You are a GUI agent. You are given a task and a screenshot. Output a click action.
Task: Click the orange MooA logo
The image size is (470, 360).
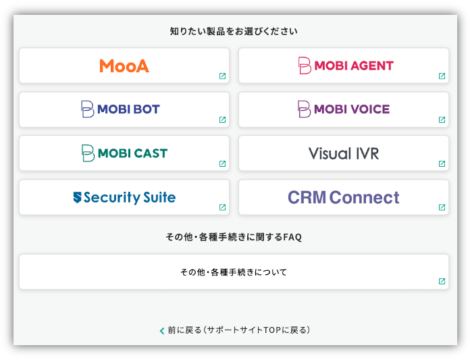point(124,66)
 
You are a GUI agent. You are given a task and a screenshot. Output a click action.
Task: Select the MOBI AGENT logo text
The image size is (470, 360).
point(354,66)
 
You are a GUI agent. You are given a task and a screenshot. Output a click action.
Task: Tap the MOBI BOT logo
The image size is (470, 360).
point(120,109)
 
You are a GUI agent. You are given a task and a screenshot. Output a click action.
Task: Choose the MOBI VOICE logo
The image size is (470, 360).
point(344,109)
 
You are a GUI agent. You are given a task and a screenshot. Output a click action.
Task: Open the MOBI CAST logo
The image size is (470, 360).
point(124,153)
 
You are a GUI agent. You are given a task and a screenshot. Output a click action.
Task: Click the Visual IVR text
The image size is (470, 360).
point(344,153)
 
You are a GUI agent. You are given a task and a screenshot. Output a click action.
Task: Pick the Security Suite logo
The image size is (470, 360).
point(124,197)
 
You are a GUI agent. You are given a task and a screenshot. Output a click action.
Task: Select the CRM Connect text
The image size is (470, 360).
point(344,197)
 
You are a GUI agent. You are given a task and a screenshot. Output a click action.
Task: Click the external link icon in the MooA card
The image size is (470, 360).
point(222,76)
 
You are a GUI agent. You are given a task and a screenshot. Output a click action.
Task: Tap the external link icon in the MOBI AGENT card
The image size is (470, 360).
point(442,76)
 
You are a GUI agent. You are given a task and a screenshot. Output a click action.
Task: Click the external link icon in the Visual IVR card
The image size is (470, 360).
point(442,163)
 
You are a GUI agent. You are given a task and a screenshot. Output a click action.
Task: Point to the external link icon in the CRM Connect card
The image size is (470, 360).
point(442,207)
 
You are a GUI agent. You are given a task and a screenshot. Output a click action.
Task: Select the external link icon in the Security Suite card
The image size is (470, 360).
point(222,207)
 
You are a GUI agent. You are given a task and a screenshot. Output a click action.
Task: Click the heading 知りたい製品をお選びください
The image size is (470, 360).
point(234,31)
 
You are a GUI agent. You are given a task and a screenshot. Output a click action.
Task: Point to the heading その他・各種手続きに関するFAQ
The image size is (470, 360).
point(234,237)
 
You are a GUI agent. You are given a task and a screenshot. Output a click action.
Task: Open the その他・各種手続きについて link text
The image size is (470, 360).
point(234,272)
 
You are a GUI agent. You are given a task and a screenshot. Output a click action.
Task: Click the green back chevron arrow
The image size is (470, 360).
point(162,331)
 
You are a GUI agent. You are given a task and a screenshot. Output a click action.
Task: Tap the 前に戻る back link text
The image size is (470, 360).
point(239,330)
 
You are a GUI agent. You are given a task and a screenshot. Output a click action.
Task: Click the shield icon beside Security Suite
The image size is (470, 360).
point(78,197)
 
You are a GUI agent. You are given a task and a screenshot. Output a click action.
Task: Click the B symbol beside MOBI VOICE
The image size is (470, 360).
point(304,109)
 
